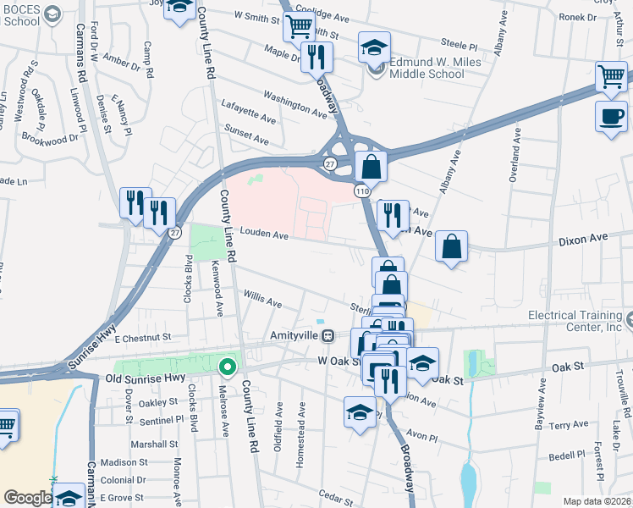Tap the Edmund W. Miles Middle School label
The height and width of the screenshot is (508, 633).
(x=434, y=68)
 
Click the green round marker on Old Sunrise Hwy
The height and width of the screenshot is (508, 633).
(x=227, y=367)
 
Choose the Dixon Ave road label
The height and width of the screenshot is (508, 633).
(x=584, y=241)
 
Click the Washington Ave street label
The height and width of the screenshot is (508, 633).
(x=294, y=105)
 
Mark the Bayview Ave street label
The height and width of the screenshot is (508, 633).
(x=538, y=406)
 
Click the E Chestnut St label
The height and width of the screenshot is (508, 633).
(x=143, y=338)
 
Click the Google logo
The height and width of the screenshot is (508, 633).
(x=27, y=498)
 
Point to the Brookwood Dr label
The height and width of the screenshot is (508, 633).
(x=49, y=136)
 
